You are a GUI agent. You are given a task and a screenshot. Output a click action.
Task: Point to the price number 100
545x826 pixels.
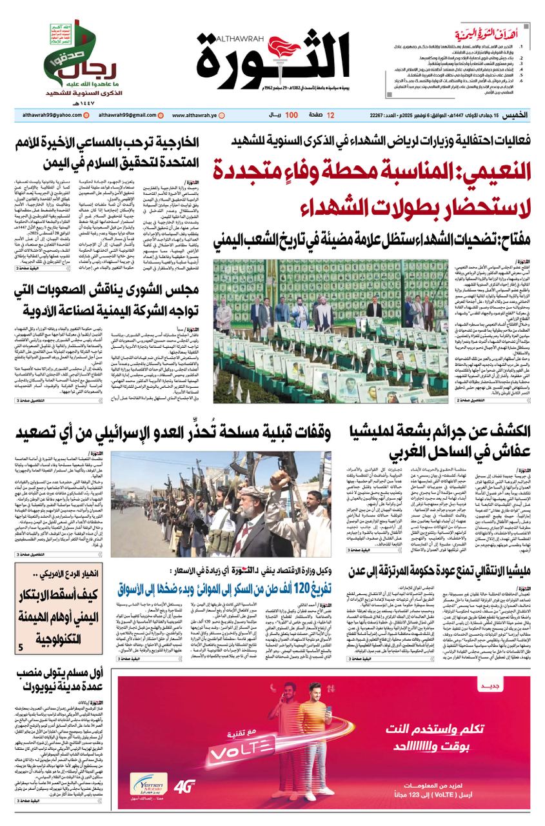click(291, 116)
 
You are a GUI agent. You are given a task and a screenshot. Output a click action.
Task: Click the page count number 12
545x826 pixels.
click(331, 116)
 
